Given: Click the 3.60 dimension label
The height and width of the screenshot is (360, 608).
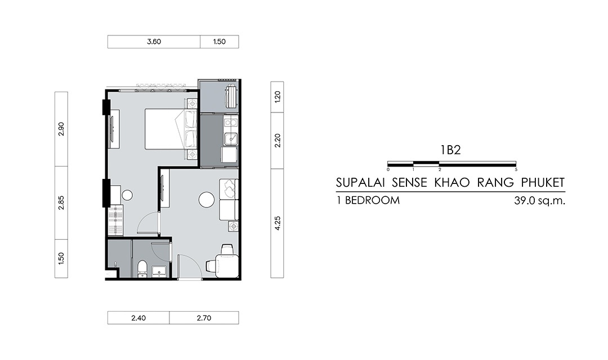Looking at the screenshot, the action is [154, 42].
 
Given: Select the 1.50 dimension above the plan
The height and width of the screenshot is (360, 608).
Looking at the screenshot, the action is [219, 42].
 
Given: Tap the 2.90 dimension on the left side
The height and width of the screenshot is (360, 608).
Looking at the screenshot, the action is [61, 129].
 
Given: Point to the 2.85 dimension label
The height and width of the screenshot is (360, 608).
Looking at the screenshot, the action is [61, 202].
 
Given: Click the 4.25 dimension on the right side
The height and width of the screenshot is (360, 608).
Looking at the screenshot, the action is [277, 223].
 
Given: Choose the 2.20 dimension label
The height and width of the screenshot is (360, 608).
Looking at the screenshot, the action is [277, 140].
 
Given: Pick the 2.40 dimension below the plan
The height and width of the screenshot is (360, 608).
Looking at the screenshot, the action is [138, 318].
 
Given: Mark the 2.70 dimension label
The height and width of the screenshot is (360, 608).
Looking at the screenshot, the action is [204, 318].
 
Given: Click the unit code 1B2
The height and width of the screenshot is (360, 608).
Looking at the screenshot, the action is [450, 150].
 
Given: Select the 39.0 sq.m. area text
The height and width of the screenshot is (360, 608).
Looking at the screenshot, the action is [539, 201].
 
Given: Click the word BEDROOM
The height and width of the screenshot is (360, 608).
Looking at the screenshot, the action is [372, 200].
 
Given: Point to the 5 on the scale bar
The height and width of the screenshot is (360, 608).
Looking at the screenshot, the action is [516, 170].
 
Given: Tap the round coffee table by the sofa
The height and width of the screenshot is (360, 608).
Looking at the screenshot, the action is [206, 200].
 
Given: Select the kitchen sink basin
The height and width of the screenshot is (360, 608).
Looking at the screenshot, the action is [231, 138].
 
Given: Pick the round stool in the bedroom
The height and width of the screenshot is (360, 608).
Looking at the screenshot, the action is [127, 195].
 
